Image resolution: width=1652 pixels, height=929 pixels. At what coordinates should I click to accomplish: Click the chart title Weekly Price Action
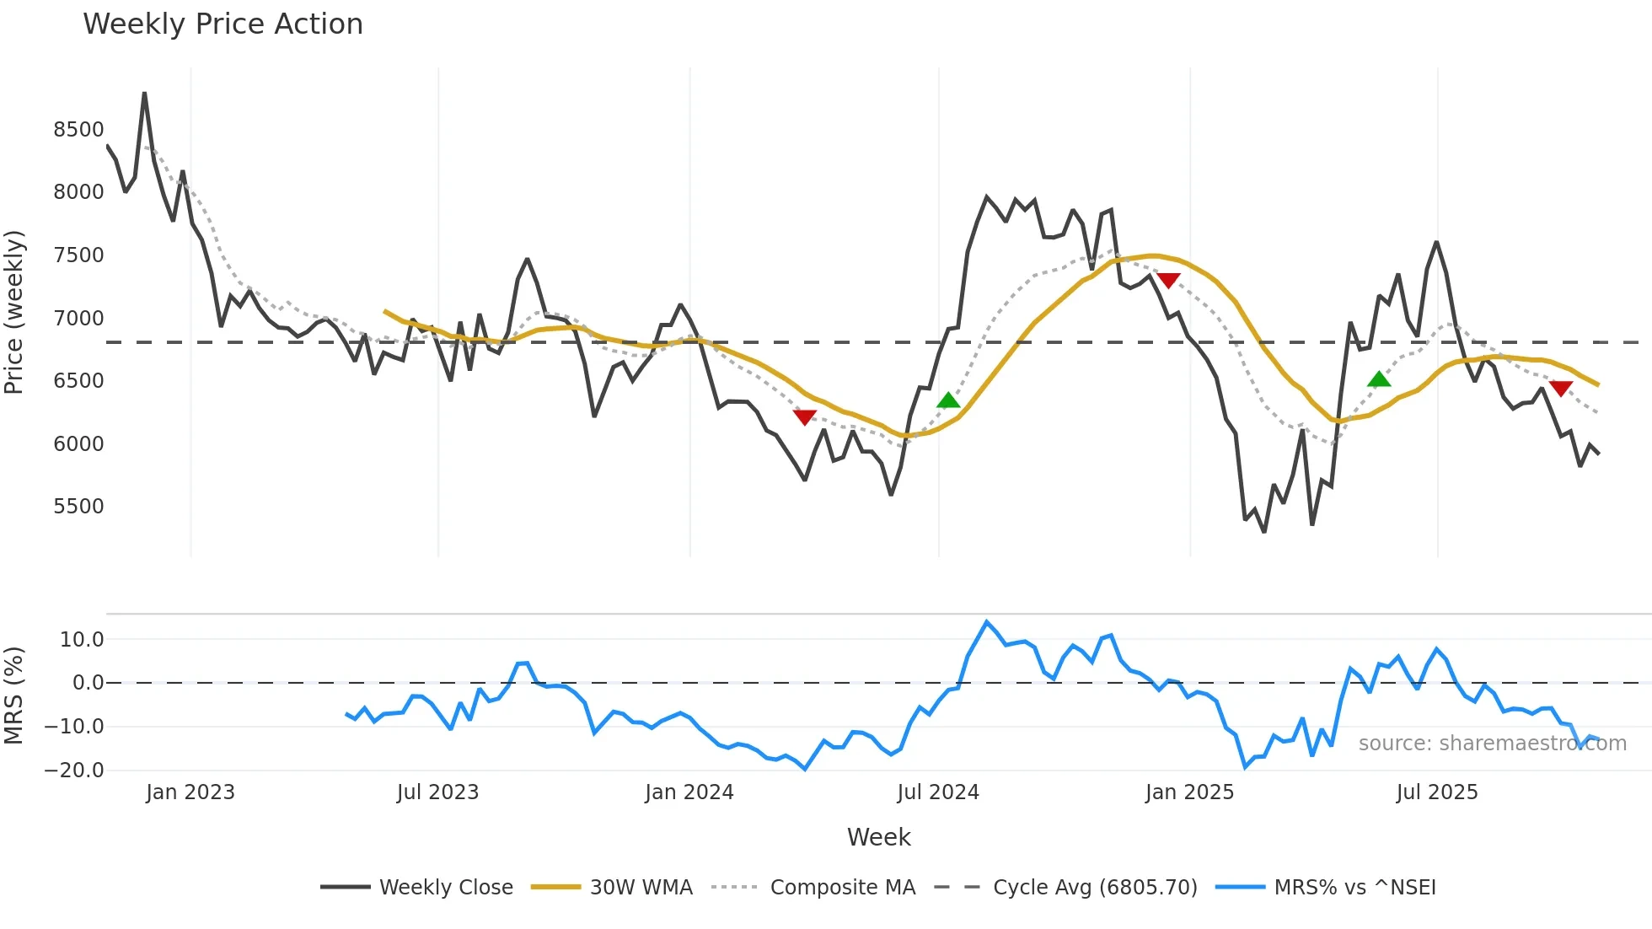pos(223,24)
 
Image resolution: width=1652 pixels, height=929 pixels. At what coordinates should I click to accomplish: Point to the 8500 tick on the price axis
pos(78,130)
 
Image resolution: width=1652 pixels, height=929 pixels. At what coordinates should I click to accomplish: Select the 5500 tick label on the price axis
pos(78,507)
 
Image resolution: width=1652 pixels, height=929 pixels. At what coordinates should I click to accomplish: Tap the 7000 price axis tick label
pos(78,319)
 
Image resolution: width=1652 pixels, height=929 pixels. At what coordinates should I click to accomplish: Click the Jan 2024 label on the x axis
pos(689,792)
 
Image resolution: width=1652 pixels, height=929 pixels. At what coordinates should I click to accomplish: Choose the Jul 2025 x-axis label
pos(1436,792)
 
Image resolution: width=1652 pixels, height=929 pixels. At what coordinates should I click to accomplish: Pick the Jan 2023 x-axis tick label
pos(190,792)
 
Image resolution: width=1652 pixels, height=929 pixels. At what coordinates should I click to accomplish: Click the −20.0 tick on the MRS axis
pos(74,771)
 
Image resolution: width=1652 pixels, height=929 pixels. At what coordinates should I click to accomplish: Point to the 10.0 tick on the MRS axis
pos(82,640)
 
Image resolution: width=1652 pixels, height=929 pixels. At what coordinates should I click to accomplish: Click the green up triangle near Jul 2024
pos(948,400)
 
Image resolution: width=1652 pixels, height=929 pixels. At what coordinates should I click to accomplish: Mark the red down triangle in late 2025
pos(1560,388)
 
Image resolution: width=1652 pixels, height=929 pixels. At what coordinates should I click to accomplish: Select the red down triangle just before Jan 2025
pos(1168,280)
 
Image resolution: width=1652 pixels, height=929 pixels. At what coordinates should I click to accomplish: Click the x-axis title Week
pos(878,837)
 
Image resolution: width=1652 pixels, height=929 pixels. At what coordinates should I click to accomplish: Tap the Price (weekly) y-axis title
pos(14,312)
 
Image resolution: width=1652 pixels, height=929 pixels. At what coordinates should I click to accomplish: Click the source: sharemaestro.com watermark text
pos(1492,744)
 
